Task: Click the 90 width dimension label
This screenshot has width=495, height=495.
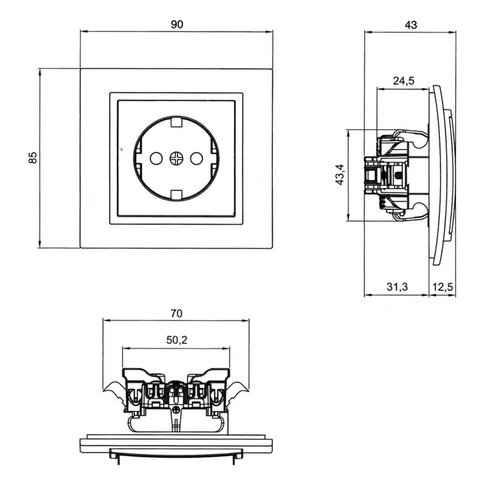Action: (177, 24)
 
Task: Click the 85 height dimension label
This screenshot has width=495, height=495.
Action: (33, 158)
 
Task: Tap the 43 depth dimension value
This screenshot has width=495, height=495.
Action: (411, 25)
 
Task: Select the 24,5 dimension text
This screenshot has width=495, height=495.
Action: (403, 81)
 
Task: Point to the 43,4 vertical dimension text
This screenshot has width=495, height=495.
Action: (340, 174)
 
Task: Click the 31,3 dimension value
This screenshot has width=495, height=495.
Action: (397, 286)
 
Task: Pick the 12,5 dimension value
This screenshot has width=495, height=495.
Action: (442, 286)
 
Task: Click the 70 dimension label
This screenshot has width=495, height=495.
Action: (176, 314)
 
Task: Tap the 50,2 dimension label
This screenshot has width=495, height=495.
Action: (177, 340)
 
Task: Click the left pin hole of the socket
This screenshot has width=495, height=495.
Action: (157, 158)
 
